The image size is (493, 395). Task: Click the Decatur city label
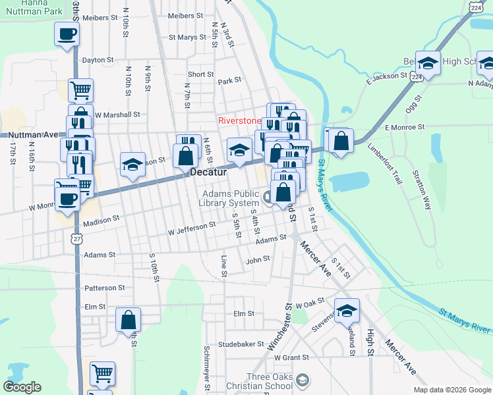click(x=208, y=172)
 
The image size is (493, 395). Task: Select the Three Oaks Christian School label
click(x=262, y=380)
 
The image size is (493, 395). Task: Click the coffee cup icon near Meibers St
click(x=67, y=34)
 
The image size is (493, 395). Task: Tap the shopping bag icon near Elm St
click(x=128, y=320)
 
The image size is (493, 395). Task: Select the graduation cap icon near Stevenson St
click(x=347, y=311)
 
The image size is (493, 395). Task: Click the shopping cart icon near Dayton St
click(x=80, y=90)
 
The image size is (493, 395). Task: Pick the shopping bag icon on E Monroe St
click(x=340, y=142)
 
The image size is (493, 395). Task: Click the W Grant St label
click(x=291, y=357)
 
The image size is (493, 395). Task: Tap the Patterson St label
click(x=104, y=288)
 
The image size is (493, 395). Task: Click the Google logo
click(x=22, y=387)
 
